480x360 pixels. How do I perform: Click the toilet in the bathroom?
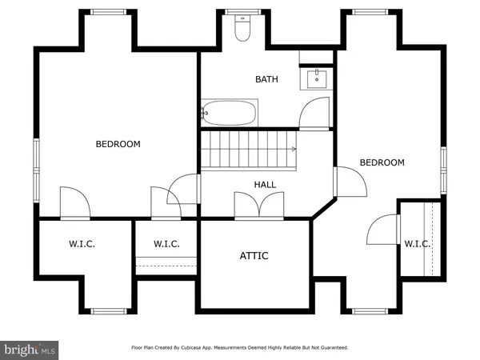(242, 30)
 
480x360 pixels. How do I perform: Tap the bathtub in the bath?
(230, 113)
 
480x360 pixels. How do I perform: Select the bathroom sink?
(317, 78)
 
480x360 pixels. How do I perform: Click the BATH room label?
(266, 79)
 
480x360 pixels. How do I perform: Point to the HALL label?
(265, 185)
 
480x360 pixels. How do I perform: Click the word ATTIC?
(254, 256)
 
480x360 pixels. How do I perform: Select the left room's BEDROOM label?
(118, 145)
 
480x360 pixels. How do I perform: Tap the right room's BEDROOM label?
(382, 163)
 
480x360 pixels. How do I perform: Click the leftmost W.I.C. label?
(82, 244)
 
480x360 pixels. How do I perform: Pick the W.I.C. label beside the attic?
(166, 244)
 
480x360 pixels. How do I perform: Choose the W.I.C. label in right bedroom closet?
(416, 244)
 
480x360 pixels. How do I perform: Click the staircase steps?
(246, 150)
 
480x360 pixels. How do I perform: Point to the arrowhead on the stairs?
(294, 150)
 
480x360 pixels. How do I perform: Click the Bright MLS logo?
(30, 350)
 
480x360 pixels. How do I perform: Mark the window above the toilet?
(238, 12)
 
